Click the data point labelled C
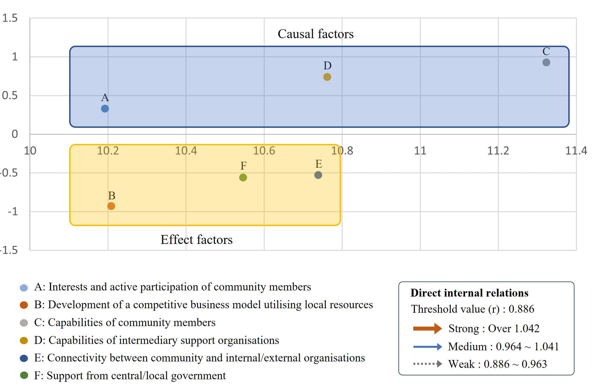[546, 62]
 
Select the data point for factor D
[327, 77]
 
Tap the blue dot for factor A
[105, 109]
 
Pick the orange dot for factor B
[111, 206]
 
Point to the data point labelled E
[318, 175]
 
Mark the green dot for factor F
[243, 177]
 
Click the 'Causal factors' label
[315, 34]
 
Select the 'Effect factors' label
[196, 240]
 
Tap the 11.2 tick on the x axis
[498, 151]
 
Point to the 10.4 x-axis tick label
[186, 151]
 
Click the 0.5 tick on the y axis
[10, 96]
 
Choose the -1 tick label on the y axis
[13, 212]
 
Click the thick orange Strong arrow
[427, 329]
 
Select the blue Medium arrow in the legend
[427, 347]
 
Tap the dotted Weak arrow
[427, 364]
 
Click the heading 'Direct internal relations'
[469, 293]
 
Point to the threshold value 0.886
[521, 309]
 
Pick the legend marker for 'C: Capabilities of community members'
[24, 323]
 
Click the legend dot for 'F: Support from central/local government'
[24, 376]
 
